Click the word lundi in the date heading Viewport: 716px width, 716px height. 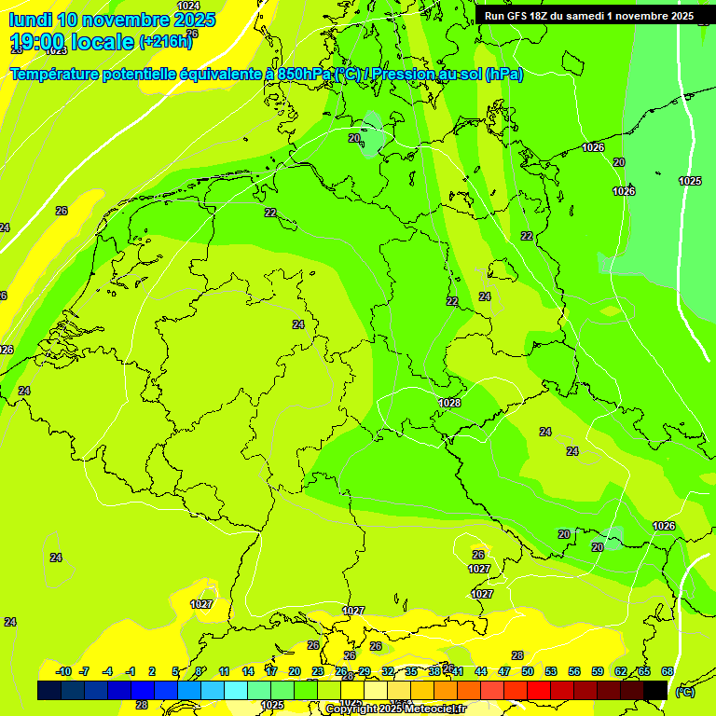(31, 20)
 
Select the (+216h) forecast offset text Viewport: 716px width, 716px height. (165, 42)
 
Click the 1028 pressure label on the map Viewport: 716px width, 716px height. (449, 403)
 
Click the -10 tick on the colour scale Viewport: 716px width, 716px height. (63, 671)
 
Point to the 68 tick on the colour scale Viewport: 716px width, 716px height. (668, 671)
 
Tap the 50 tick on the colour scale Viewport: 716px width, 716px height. (528, 671)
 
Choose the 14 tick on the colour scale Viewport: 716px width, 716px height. (248, 671)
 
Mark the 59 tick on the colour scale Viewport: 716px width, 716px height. (598, 671)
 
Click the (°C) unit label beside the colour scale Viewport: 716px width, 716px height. (685, 691)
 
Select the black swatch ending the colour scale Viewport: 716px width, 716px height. (655, 690)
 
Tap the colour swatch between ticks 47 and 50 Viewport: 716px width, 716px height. (516, 690)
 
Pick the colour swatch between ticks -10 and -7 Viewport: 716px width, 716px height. (73, 690)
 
